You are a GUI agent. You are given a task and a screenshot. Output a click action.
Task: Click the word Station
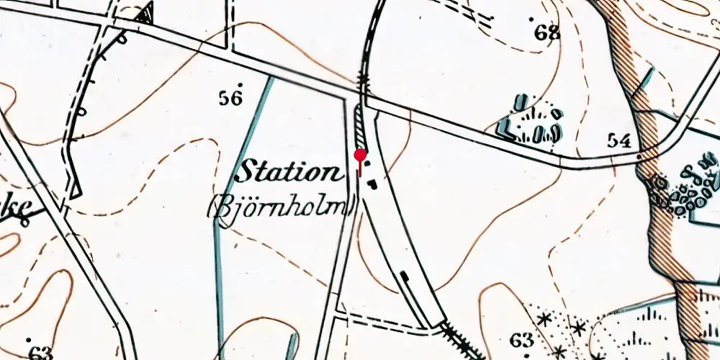tap(289, 174)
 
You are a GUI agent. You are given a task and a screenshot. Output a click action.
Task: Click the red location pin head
tap(361, 156)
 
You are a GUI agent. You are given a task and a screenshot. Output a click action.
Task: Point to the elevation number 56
tap(230, 99)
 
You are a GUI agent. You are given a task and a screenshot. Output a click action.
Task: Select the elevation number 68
tap(547, 32)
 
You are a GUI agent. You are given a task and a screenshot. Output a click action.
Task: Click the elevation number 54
tap(620, 140)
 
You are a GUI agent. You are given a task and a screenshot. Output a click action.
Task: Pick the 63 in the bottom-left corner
tap(41, 353)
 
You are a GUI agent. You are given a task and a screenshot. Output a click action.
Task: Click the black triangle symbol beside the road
tap(147, 14)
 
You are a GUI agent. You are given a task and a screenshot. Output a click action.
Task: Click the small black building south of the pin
tap(372, 184)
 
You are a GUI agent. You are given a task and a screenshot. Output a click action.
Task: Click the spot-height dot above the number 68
tap(533, 19)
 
